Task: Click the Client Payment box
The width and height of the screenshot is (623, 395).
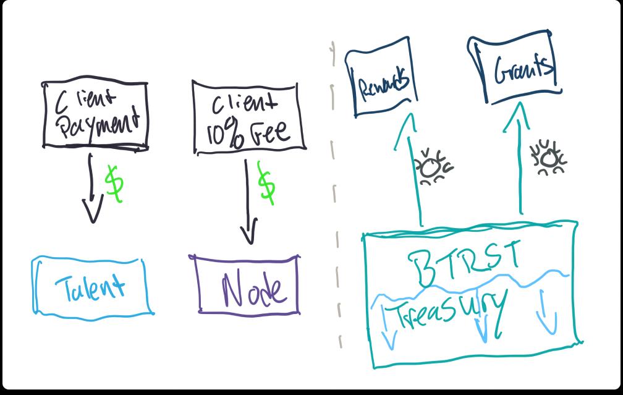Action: [95, 115]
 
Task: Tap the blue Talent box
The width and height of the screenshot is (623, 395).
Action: [91, 286]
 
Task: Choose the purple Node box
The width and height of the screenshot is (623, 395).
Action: [248, 285]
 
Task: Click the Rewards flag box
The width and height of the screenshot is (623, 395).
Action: [382, 84]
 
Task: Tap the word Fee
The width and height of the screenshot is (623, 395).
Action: [272, 131]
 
